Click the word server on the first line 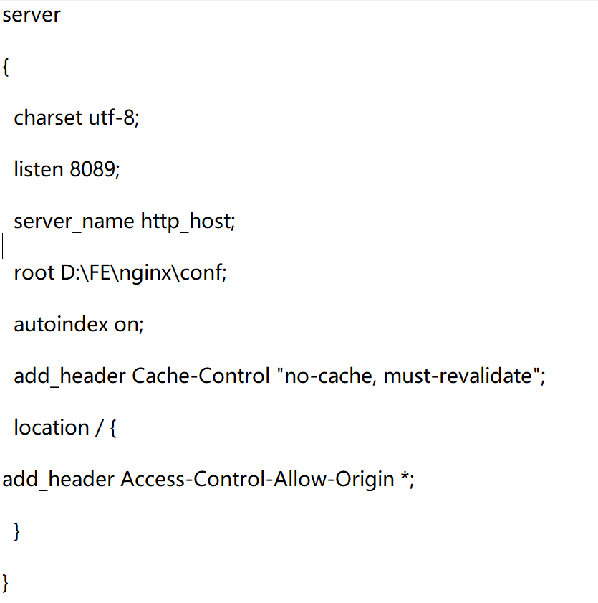coord(32,16)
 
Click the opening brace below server coord(6,68)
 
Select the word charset coord(48,118)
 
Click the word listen coord(39,170)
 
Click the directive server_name coord(74,222)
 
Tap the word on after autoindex coord(128,325)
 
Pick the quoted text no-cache coord(329,376)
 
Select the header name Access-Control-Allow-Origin coord(257,479)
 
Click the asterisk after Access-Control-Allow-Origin coord(405,477)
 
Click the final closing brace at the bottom coord(6,581)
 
